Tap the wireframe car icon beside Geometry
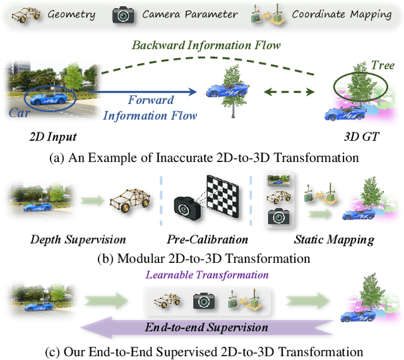tap(26, 15)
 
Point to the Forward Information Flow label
tap(150, 108)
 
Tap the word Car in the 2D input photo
tap(19, 112)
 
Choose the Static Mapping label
tap(333, 240)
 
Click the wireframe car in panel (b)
tap(130, 202)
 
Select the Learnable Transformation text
tap(207, 276)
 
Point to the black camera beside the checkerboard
tap(187, 207)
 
